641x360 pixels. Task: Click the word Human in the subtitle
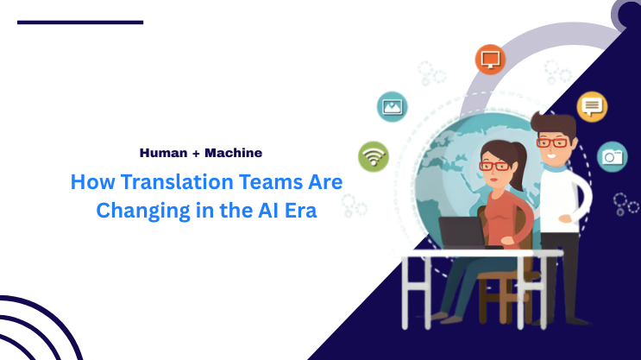click(x=160, y=153)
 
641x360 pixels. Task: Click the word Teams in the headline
click(x=260, y=182)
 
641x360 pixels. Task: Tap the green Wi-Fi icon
click(x=374, y=156)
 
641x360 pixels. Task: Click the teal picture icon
click(x=393, y=107)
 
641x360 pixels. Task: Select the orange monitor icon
click(x=490, y=60)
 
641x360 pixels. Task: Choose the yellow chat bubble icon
click(x=592, y=106)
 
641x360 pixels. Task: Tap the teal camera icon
click(x=613, y=156)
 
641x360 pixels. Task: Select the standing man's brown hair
click(x=552, y=123)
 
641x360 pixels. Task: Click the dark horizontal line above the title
click(x=80, y=22)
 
